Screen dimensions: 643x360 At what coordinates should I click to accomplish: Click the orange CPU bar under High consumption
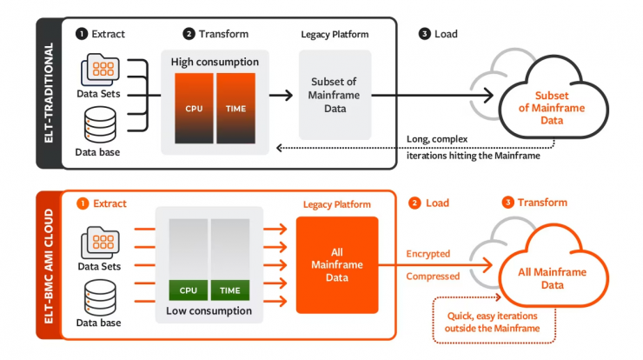point(194,109)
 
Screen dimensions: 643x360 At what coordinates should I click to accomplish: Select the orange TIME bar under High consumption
point(235,109)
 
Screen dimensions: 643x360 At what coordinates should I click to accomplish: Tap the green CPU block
point(189,290)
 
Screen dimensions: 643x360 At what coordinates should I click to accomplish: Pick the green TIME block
point(230,290)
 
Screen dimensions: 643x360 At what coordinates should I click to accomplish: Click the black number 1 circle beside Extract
point(82,34)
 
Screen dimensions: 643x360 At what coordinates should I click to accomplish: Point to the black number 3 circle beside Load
point(424,34)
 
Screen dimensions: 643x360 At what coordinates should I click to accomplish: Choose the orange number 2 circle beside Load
point(414,203)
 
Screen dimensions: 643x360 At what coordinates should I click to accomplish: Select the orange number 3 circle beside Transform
point(508,203)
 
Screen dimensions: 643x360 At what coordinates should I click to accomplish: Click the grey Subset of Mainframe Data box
point(335,95)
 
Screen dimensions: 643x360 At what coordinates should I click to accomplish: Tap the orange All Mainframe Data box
point(337,264)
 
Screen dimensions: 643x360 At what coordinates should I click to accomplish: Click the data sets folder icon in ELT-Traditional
point(101,70)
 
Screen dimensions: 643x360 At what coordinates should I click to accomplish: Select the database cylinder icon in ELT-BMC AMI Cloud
point(100,297)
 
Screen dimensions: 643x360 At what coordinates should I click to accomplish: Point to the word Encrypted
point(428,254)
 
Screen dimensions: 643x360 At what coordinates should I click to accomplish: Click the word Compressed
point(433,277)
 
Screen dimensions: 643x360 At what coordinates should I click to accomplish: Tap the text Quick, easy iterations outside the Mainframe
point(492,323)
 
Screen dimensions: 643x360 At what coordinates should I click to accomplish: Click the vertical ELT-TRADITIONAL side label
point(49,93)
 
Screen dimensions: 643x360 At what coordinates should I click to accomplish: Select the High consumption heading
point(215,62)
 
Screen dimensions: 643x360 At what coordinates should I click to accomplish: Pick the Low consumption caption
point(209,310)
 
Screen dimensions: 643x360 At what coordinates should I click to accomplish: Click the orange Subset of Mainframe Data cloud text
point(552,108)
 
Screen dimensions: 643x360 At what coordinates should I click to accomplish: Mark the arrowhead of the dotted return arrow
point(279,148)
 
